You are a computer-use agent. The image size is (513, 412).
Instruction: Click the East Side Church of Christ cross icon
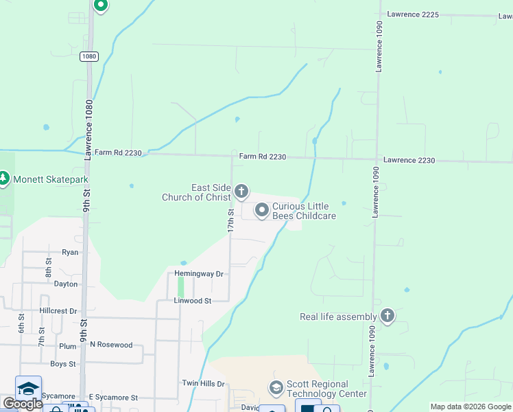click(241, 191)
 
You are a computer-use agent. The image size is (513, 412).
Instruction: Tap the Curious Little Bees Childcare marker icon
click(261, 210)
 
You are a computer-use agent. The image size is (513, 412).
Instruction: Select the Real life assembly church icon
click(387, 317)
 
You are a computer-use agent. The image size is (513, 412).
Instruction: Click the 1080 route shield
click(88, 56)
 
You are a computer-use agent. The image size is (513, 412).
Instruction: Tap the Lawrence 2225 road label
click(412, 14)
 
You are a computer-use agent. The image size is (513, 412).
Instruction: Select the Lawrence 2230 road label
click(409, 160)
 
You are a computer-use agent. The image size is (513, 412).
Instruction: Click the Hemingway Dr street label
click(199, 274)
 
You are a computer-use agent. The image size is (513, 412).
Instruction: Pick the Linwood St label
click(192, 301)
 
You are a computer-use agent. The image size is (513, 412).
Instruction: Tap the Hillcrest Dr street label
click(58, 310)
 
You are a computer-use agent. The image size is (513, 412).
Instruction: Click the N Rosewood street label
click(111, 345)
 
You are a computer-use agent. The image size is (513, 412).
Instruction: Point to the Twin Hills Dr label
click(203, 383)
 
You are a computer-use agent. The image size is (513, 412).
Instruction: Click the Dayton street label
click(66, 284)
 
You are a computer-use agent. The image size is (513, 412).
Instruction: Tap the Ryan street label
click(70, 252)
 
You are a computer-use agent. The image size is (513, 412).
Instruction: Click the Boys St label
click(62, 364)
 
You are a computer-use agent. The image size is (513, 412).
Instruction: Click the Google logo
click(23, 404)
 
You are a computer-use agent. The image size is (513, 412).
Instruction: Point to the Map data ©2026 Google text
click(470, 407)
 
